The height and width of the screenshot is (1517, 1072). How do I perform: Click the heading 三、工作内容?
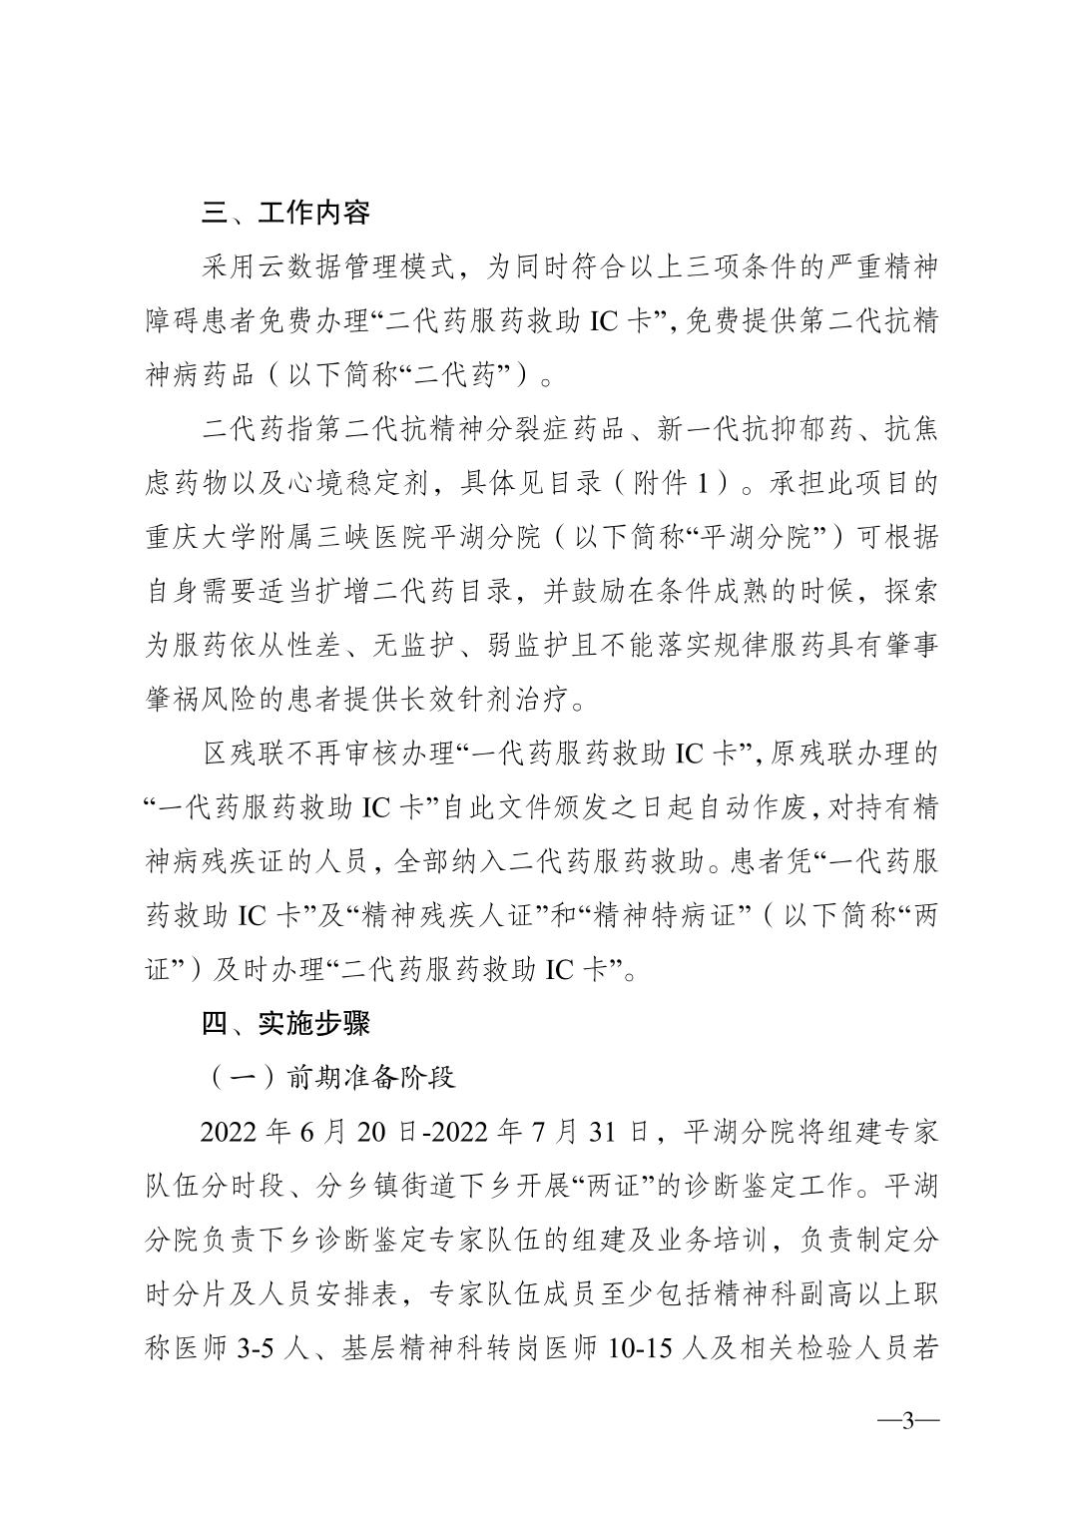click(285, 214)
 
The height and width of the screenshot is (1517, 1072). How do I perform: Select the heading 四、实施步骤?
click(285, 1023)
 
